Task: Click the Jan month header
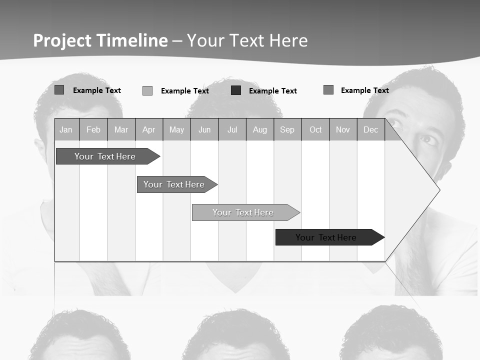click(x=66, y=130)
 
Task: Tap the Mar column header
click(x=121, y=130)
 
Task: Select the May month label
click(x=176, y=130)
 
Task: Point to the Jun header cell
click(x=204, y=130)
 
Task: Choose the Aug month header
click(x=260, y=130)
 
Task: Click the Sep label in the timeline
click(x=287, y=130)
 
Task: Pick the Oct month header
click(x=315, y=130)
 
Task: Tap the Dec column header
click(x=370, y=130)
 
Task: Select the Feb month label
click(x=93, y=130)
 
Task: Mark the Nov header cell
click(x=343, y=130)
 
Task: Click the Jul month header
click(x=232, y=130)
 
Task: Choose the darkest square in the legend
click(x=236, y=90)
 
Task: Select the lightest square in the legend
click(x=147, y=90)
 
